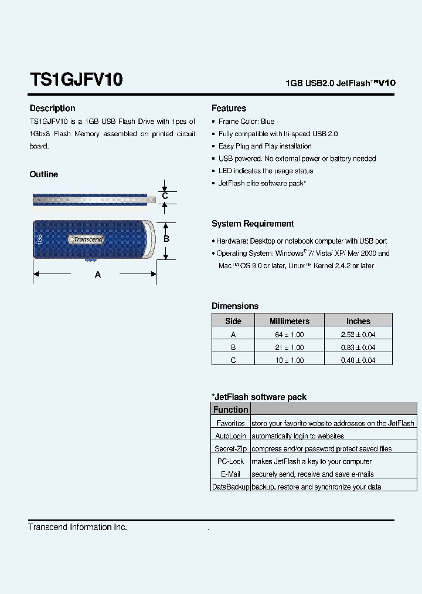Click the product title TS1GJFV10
pyautogui.click(x=76, y=79)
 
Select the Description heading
pyautogui.click(x=52, y=108)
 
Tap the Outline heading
pyautogui.click(x=44, y=174)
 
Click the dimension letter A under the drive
pyautogui.click(x=98, y=275)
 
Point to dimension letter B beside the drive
pyautogui.click(x=166, y=239)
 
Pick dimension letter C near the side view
pyautogui.click(x=165, y=196)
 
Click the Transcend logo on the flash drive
pyautogui.click(x=87, y=239)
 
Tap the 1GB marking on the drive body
pyautogui.click(x=39, y=239)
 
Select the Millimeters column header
pyautogui.click(x=289, y=321)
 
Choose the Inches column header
pyautogui.click(x=358, y=321)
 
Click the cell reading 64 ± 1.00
pyautogui.click(x=289, y=335)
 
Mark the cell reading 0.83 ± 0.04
pyautogui.click(x=358, y=347)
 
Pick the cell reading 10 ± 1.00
pyautogui.click(x=289, y=360)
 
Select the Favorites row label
pyautogui.click(x=230, y=423)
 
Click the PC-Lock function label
pyautogui.click(x=230, y=461)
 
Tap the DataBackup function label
pyautogui.click(x=230, y=487)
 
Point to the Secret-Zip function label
pyautogui.click(x=230, y=449)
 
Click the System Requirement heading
pyautogui.click(x=253, y=224)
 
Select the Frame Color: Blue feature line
pyautogui.click(x=246, y=122)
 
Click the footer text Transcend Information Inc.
pyautogui.click(x=77, y=527)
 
